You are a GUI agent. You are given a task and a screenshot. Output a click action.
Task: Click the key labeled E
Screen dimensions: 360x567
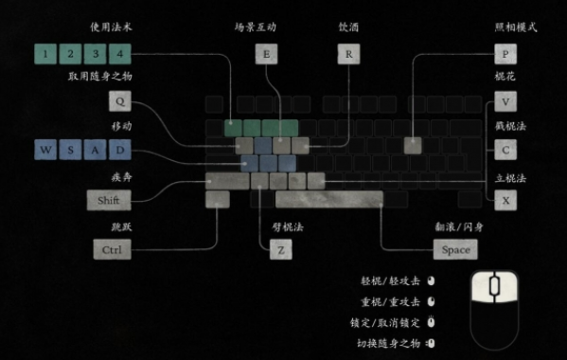pos(266,54)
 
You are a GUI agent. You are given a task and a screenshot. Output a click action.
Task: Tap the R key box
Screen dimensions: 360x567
pos(348,54)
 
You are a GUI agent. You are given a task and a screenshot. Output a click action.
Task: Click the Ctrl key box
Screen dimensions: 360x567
pos(112,250)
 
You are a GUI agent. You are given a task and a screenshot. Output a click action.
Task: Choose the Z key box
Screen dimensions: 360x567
pos(279,250)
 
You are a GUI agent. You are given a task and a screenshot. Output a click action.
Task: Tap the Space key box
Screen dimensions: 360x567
pos(455,250)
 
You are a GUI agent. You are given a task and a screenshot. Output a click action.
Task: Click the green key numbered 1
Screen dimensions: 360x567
pos(44,53)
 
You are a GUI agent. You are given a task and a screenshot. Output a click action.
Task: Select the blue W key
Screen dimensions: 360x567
pos(44,150)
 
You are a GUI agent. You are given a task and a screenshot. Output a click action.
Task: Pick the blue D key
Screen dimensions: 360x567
pos(119,150)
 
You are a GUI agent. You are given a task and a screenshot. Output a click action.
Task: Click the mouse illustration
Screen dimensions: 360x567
pos(495,303)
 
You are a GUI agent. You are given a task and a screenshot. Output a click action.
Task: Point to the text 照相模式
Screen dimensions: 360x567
pos(515,27)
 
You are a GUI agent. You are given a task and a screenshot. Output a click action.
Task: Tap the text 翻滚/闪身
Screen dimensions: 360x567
pos(459,227)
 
